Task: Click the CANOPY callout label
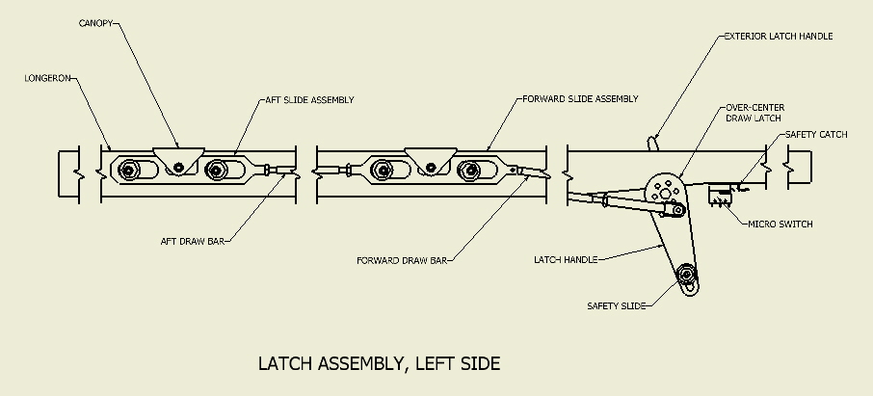[x=95, y=23]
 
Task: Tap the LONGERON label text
[x=48, y=79]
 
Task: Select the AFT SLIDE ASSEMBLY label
[x=309, y=100]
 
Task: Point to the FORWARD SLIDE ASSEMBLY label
[x=580, y=99]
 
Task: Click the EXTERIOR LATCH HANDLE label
[x=779, y=37]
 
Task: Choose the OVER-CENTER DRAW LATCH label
[x=755, y=113]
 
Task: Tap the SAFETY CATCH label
[x=816, y=135]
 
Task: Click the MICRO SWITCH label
[x=780, y=224]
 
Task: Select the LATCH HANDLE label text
[x=566, y=260]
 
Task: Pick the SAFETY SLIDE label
[x=617, y=306]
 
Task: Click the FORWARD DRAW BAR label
[x=402, y=261]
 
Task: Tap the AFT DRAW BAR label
[x=193, y=242]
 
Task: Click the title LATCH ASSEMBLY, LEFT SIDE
[x=379, y=363]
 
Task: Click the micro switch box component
[x=720, y=196]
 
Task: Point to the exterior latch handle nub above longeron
[x=652, y=144]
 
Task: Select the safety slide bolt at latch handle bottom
[x=686, y=275]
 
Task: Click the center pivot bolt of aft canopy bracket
[x=178, y=167]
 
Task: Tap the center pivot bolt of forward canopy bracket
[x=431, y=168]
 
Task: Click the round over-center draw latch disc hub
[x=665, y=194]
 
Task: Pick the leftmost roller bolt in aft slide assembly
[x=129, y=170]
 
